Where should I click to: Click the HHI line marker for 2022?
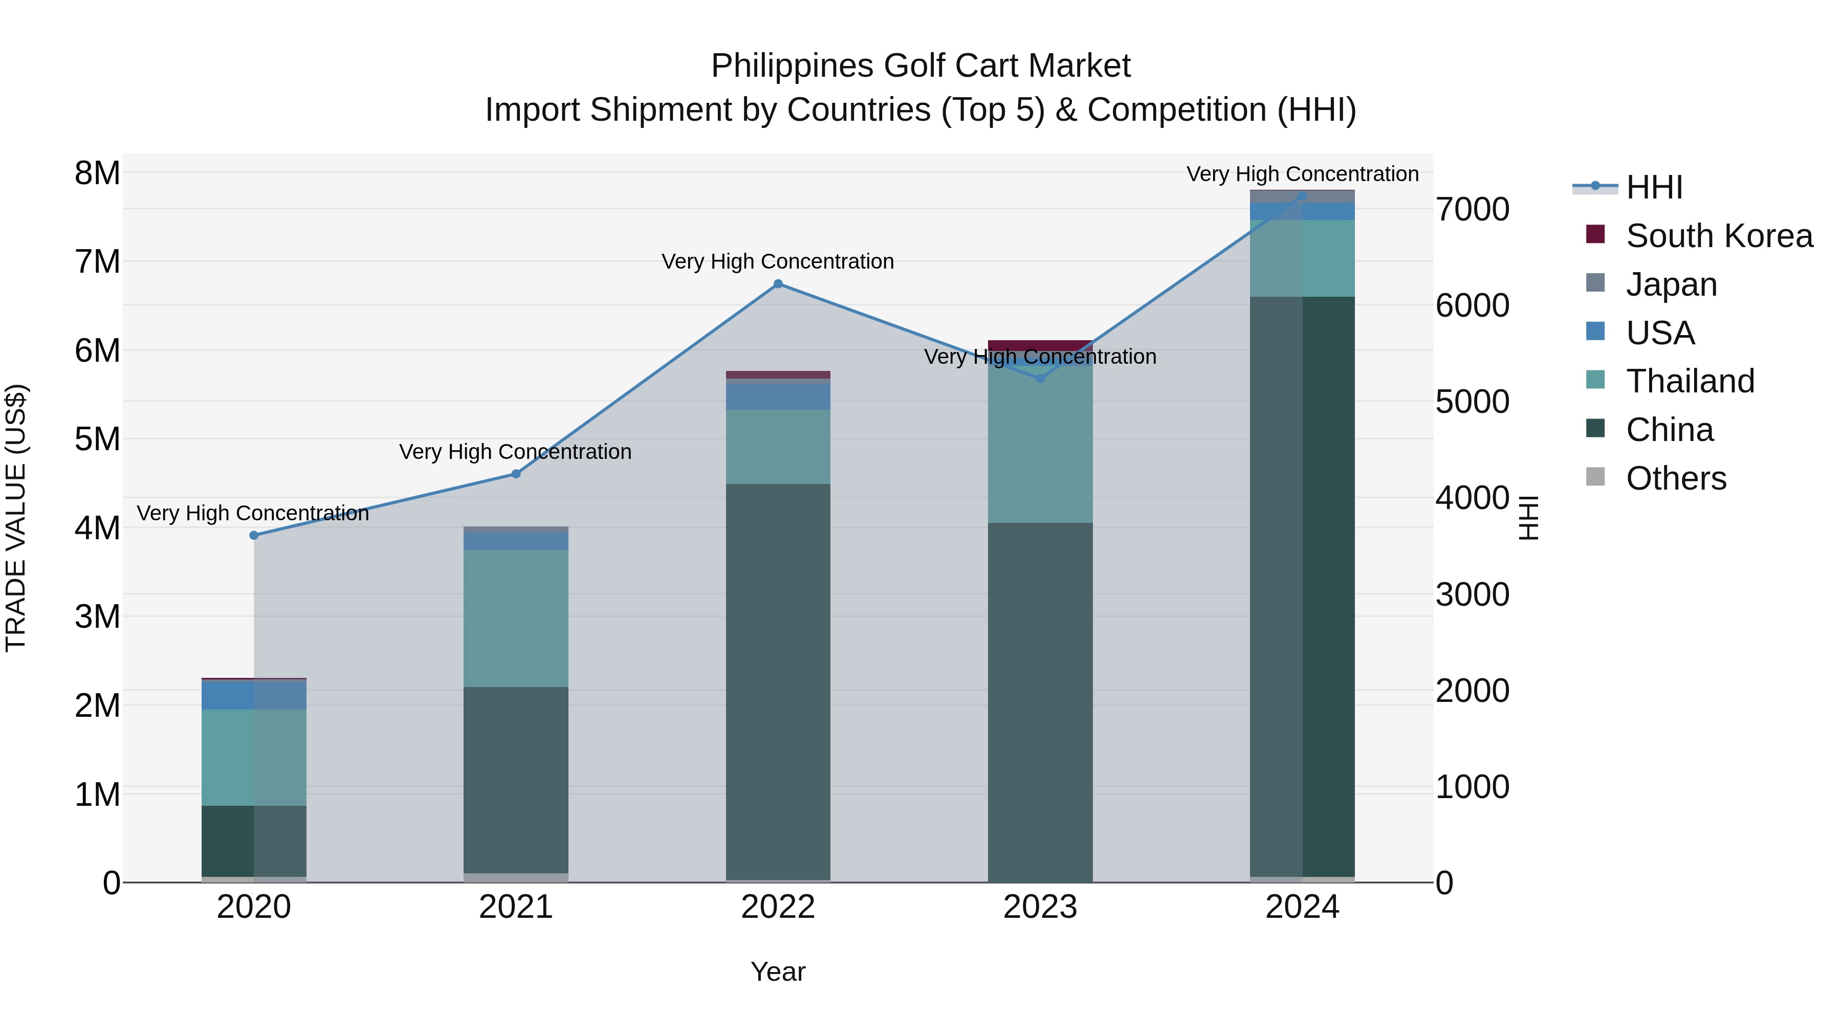pos(778,284)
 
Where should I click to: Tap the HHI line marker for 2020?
pos(254,535)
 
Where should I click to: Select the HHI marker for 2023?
pos(1040,378)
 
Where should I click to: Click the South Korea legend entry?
pos(1718,236)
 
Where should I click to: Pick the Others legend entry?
pos(1675,478)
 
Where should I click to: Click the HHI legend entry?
pos(1653,187)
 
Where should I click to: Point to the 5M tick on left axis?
pos(97,439)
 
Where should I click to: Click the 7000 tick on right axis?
pos(1472,209)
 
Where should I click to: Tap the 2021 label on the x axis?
pos(516,907)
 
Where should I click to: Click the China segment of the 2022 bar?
pos(778,679)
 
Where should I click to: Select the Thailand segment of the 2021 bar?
pos(516,619)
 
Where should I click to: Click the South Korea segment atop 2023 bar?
pos(1040,345)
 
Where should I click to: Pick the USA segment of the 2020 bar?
pos(254,695)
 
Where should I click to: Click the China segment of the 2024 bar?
pos(1302,586)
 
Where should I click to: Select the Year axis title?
pos(778,972)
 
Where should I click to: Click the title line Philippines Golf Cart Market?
pos(920,66)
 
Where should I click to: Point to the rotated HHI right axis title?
pos(1528,518)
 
